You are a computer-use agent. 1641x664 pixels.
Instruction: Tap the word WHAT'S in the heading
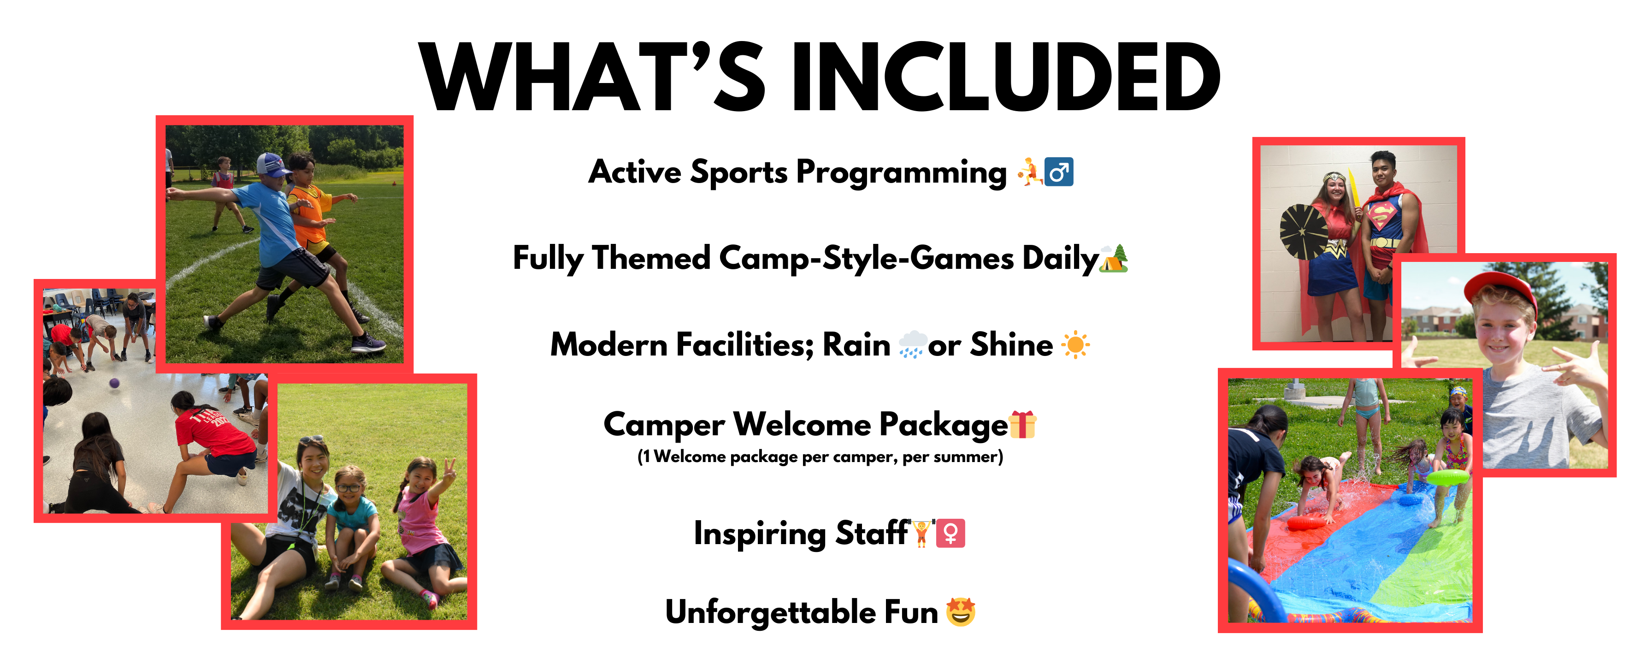[592, 77]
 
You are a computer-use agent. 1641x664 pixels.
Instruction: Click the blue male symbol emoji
[1059, 172]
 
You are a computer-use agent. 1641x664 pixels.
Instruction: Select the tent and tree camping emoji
[1114, 258]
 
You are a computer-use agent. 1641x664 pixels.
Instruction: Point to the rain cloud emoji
[912, 345]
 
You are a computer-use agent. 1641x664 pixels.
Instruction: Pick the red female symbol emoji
[950, 534]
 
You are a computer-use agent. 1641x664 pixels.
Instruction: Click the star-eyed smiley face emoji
[961, 612]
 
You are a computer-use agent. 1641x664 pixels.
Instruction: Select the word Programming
[902, 173]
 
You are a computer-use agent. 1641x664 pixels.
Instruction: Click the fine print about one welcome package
[820, 457]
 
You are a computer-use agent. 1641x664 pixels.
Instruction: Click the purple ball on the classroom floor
[114, 383]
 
